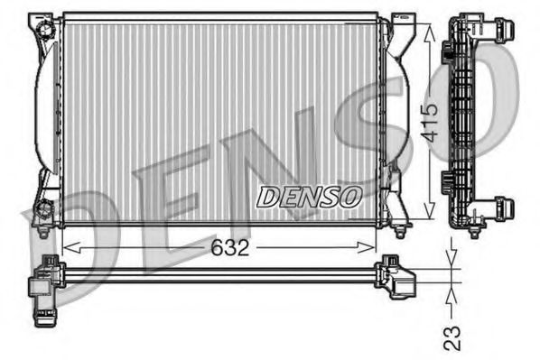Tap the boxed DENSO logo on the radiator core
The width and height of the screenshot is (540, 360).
pyautogui.click(x=310, y=195)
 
